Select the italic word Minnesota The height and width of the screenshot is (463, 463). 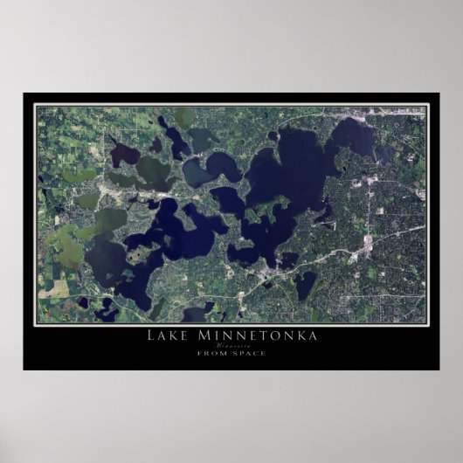[231, 344]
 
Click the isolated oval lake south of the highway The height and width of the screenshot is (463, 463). [305, 283]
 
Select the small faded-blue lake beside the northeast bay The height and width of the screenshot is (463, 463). [384, 152]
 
